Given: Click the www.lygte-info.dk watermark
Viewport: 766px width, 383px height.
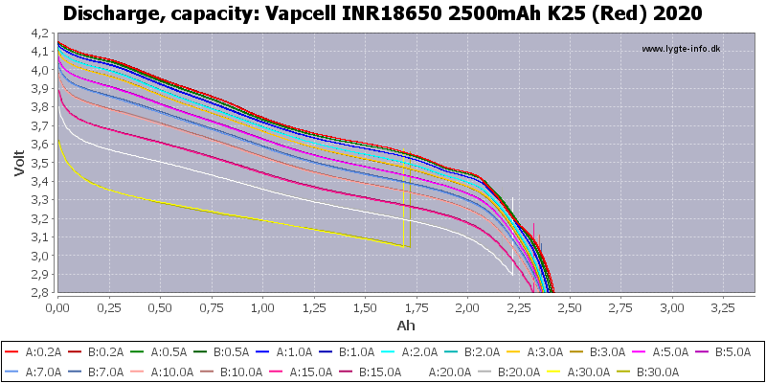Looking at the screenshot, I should click(680, 49).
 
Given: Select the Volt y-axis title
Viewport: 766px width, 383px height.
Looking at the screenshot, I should click(20, 162).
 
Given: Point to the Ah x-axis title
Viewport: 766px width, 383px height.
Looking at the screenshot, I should click(407, 326).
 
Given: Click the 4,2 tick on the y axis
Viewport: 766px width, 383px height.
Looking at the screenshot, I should click(38, 33).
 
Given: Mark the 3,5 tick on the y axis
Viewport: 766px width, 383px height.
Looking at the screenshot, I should click(38, 163).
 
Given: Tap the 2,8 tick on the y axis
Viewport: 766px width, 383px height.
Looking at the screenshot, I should click(38, 293).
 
